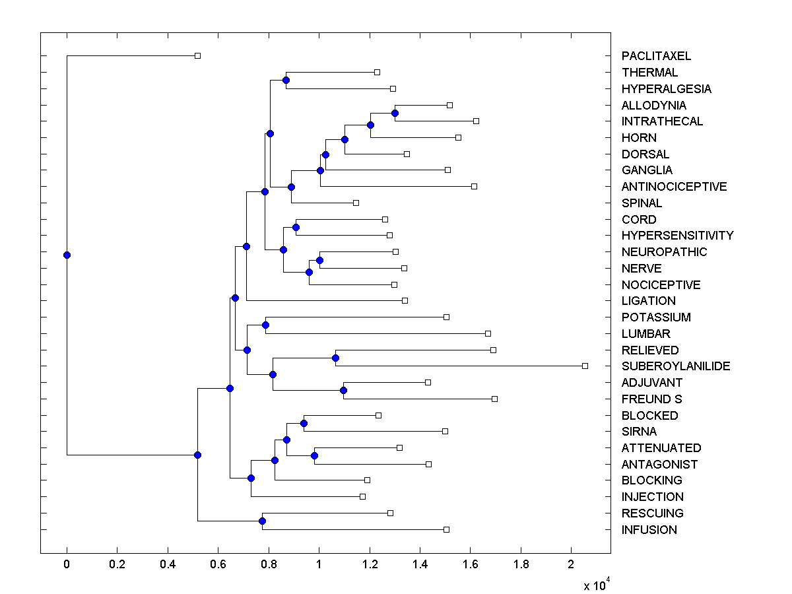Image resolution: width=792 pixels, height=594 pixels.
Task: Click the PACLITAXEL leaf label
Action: pyautogui.click(x=656, y=57)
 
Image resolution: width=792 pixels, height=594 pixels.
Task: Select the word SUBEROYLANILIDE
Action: pyautogui.click(x=676, y=366)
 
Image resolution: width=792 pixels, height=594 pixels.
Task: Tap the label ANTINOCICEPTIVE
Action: pyautogui.click(x=674, y=187)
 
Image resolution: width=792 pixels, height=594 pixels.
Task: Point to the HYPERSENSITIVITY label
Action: pyautogui.click(x=677, y=236)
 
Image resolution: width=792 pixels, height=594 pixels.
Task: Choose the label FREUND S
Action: pyautogui.click(x=651, y=399)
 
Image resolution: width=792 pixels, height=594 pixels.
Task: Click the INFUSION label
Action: pyautogui.click(x=649, y=530)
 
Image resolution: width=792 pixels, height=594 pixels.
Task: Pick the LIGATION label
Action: pyautogui.click(x=648, y=301)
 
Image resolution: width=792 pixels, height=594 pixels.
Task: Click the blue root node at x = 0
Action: pyautogui.click(x=67, y=255)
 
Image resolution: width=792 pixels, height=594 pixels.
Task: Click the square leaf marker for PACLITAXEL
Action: pyautogui.click(x=197, y=55)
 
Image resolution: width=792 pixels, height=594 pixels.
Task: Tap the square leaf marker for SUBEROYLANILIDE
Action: pyautogui.click(x=585, y=366)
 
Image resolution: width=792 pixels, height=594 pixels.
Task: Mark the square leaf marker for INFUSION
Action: pyautogui.click(x=446, y=529)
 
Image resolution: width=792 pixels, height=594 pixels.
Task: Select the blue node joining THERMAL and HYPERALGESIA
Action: pyautogui.click(x=286, y=81)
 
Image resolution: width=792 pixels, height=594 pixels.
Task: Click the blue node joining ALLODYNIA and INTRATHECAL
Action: pyautogui.click(x=395, y=113)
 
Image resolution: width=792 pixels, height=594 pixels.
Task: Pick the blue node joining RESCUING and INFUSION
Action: pyautogui.click(x=262, y=521)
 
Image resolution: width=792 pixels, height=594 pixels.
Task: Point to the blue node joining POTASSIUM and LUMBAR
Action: pyautogui.click(x=265, y=325)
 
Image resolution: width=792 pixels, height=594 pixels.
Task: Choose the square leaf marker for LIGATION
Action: pyautogui.click(x=405, y=300)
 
